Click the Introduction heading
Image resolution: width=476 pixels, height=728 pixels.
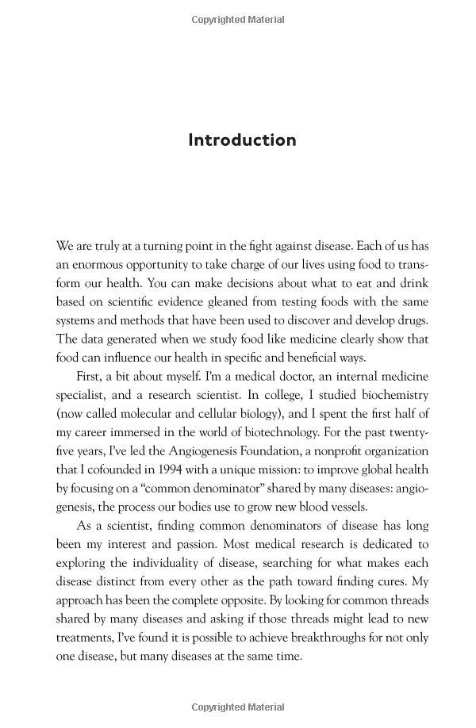242,140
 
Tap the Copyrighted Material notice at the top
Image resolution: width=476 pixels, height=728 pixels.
238,20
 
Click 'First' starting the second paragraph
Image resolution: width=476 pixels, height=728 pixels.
90,376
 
